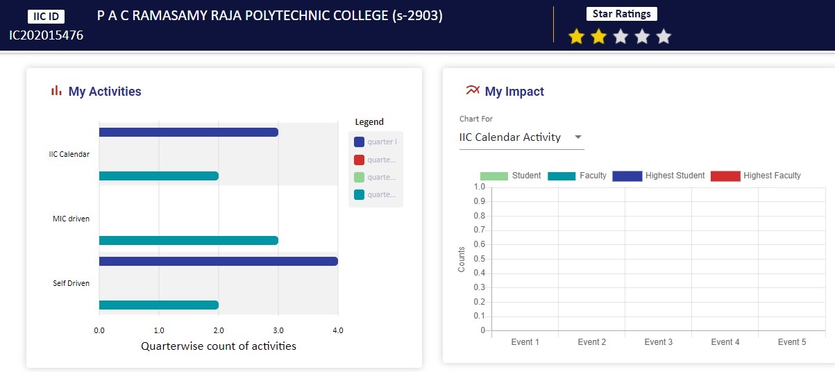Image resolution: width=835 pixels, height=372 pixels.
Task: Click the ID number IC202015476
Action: pyautogui.click(x=46, y=35)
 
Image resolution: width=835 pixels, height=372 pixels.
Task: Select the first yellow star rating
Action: pyautogui.click(x=576, y=37)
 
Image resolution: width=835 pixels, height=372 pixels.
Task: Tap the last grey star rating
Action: pyautogui.click(x=664, y=37)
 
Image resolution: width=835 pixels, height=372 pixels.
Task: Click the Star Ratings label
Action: pyautogui.click(x=621, y=14)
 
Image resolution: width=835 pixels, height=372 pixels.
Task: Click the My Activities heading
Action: pyautogui.click(x=104, y=92)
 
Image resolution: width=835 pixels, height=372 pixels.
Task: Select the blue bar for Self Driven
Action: pyautogui.click(x=218, y=261)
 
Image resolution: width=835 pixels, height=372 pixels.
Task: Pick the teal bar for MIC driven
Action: pyautogui.click(x=188, y=240)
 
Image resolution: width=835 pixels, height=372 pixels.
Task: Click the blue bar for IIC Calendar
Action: pyautogui.click(x=188, y=132)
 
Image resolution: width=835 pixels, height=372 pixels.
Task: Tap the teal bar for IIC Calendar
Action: pyautogui.click(x=158, y=176)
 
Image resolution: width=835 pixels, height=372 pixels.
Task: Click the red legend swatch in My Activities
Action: pyautogui.click(x=359, y=160)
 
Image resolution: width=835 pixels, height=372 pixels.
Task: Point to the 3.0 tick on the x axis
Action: pyautogui.click(x=278, y=330)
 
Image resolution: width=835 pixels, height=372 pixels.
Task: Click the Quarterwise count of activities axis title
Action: pyautogui.click(x=218, y=346)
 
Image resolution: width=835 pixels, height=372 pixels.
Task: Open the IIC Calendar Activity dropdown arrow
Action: pyautogui.click(x=577, y=137)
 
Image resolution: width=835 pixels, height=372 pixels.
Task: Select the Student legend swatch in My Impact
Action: pyautogui.click(x=494, y=176)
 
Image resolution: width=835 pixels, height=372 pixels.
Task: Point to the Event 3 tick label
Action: pyautogui.click(x=658, y=342)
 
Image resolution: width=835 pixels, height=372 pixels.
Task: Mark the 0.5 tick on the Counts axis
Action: pyautogui.click(x=478, y=259)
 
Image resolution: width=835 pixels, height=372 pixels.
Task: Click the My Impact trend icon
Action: pyautogui.click(x=473, y=90)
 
